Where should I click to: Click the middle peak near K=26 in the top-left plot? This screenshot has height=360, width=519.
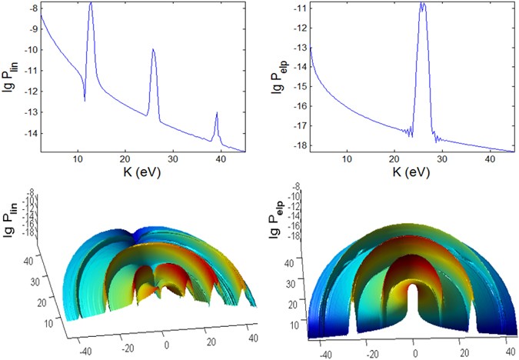(153, 51)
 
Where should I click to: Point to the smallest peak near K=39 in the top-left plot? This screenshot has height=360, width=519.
(217, 114)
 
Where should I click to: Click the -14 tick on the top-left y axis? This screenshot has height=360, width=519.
(26, 133)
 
